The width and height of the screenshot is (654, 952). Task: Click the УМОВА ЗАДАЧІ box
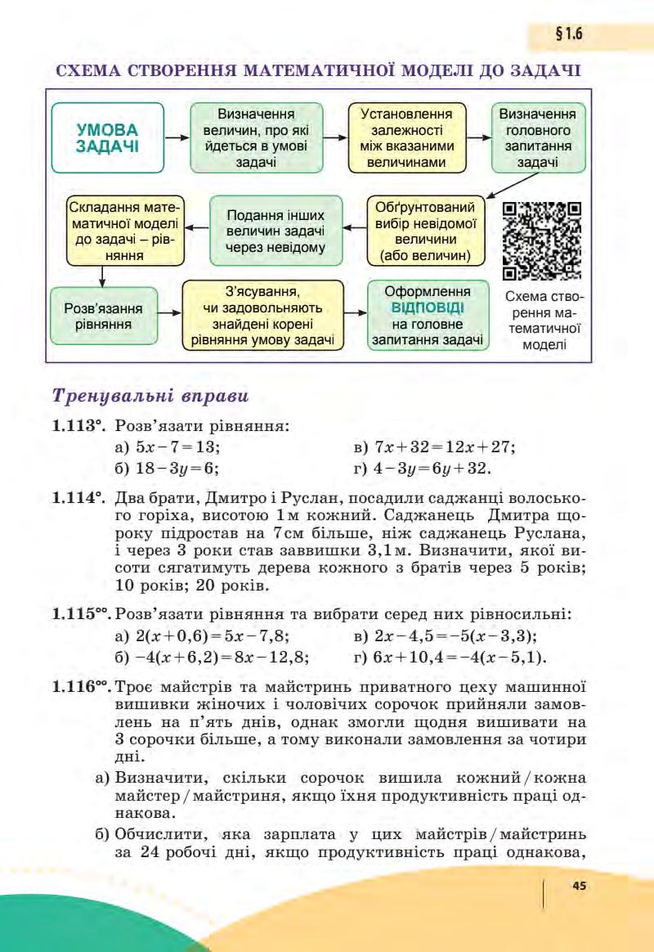click(107, 137)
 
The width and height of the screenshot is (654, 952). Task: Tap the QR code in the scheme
click(541, 240)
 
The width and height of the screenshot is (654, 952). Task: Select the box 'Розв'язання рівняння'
click(103, 316)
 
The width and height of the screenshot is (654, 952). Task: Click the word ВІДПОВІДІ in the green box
click(428, 308)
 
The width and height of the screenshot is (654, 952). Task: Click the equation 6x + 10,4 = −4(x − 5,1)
click(449, 657)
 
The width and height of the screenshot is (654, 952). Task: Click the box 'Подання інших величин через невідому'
click(275, 231)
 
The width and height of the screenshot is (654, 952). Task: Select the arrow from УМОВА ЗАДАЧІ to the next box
click(177, 137)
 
